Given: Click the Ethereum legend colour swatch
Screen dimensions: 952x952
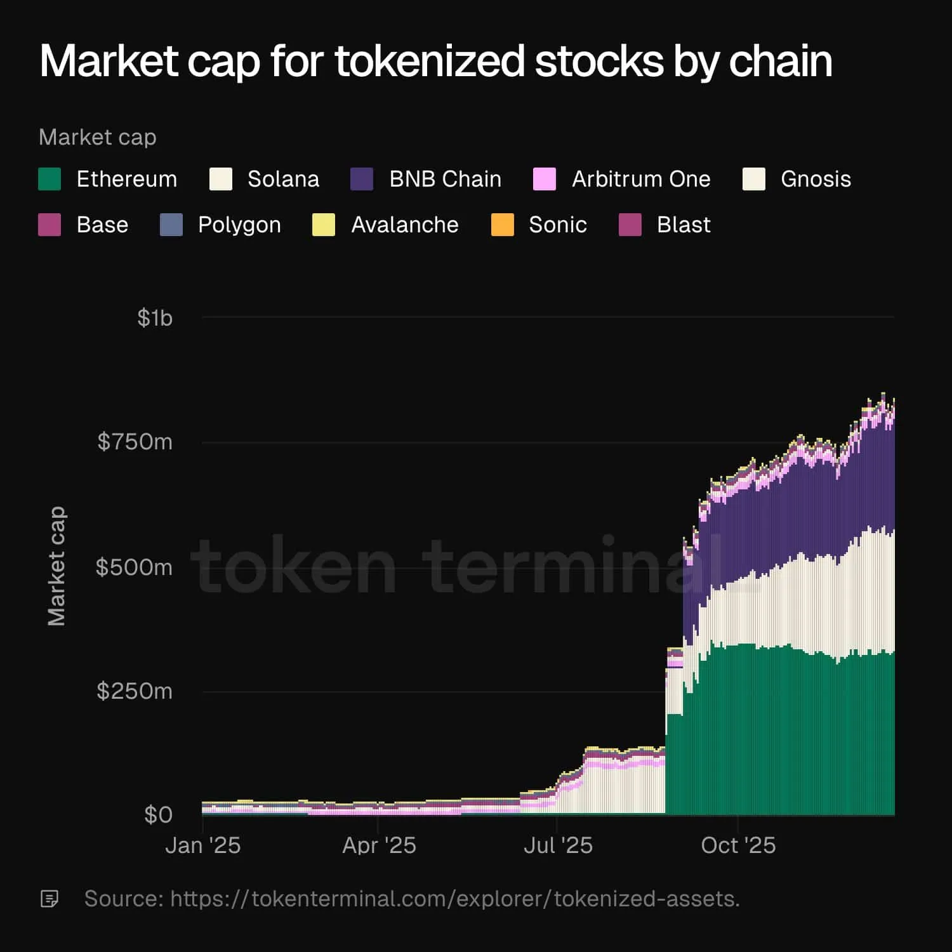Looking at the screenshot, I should coord(50,179).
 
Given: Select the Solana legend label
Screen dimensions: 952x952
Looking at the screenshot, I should coord(283,179).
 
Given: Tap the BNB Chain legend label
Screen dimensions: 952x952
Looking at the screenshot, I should coord(445,179).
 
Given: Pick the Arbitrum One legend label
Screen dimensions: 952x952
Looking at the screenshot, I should coord(641,179).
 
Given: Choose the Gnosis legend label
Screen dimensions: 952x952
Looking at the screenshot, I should coord(816,179).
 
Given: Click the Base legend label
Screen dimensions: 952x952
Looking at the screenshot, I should coord(102,225).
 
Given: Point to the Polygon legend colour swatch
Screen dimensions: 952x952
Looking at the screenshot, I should coord(171,225).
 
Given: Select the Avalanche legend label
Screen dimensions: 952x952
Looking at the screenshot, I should coord(404,225).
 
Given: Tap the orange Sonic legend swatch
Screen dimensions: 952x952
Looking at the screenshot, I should coord(503,225).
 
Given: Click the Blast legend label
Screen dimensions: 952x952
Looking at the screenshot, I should coord(684,225).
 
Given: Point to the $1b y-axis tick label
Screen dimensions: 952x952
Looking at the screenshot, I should coord(155,318).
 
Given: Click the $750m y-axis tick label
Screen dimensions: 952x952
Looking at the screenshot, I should coord(135,442).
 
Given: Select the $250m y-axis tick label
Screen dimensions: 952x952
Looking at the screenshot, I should coord(135,691).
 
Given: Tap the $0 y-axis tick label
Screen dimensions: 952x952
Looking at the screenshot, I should coord(158,814).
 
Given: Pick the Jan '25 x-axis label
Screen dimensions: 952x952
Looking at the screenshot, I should coord(203,845).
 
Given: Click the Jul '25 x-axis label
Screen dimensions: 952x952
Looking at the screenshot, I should coord(558,845).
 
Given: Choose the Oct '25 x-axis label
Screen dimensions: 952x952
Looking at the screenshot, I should coord(738,845).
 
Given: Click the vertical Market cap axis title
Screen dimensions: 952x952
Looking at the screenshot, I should coord(56,565).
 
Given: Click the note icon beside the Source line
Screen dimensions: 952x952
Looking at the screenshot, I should coord(50,899).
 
